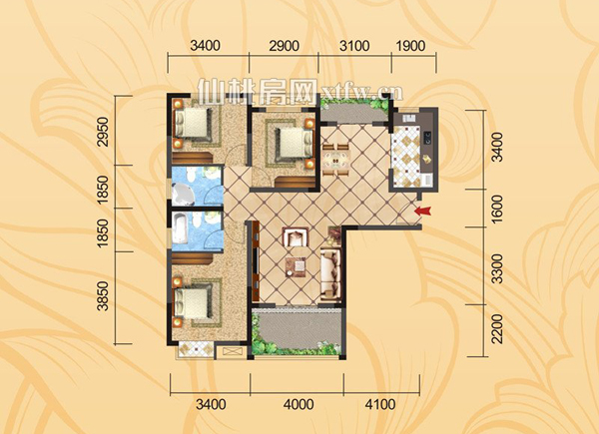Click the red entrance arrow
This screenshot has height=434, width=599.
423,211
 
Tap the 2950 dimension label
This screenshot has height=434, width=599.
103,132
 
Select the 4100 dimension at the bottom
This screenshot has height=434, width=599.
380,404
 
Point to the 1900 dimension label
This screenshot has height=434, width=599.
410,46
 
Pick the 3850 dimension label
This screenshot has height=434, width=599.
103,296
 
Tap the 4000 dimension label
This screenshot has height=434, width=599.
299,404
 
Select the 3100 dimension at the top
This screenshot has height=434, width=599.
354,46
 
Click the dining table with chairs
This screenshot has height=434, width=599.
335,160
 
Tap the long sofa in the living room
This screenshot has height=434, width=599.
330,272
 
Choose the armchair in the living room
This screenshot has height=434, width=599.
295,237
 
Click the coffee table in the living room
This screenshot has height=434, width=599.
297,266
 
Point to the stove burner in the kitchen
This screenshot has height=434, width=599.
427,138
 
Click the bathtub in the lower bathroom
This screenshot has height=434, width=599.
181,227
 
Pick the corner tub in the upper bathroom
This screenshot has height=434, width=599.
183,195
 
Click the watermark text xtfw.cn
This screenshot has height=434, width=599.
360,92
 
